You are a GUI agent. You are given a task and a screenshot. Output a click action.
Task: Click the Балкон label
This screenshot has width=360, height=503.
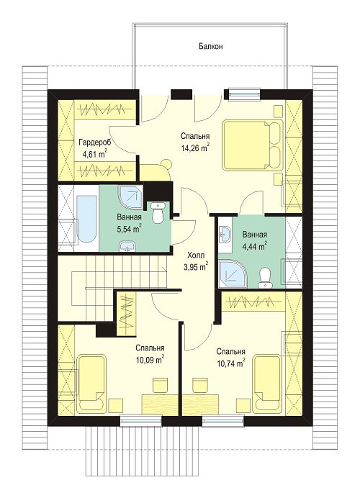(210, 46)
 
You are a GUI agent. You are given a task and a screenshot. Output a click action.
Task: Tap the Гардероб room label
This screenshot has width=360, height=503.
(94, 142)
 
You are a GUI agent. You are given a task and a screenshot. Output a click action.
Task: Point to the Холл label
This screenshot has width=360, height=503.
(196, 255)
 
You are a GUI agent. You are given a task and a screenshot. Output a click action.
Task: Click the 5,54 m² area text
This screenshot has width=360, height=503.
(129, 229)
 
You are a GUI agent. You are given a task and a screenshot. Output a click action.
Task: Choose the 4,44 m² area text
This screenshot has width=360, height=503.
(254, 246)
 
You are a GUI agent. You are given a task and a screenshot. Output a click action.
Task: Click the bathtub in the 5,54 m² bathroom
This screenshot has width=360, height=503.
(86, 219)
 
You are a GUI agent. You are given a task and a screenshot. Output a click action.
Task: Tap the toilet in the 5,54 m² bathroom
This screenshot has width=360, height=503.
(158, 213)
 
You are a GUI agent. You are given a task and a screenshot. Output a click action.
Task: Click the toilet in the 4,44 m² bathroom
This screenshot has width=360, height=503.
(266, 278)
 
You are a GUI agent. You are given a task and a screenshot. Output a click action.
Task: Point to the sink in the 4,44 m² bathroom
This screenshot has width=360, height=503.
(224, 233)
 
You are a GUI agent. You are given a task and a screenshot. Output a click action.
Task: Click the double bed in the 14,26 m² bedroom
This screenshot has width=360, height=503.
(253, 144)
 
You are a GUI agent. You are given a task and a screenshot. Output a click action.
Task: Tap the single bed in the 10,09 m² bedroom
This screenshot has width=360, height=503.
(91, 384)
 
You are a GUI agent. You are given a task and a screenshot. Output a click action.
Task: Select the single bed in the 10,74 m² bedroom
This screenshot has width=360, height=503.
(267, 384)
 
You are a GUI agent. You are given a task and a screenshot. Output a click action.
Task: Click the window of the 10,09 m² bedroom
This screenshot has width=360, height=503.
(141, 421)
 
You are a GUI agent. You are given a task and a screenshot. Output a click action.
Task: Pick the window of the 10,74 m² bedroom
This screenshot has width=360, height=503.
(223, 421)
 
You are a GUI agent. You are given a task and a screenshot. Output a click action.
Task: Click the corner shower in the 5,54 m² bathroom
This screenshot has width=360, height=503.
(130, 198)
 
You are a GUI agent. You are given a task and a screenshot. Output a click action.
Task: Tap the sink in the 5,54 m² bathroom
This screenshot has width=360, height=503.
(127, 246)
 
